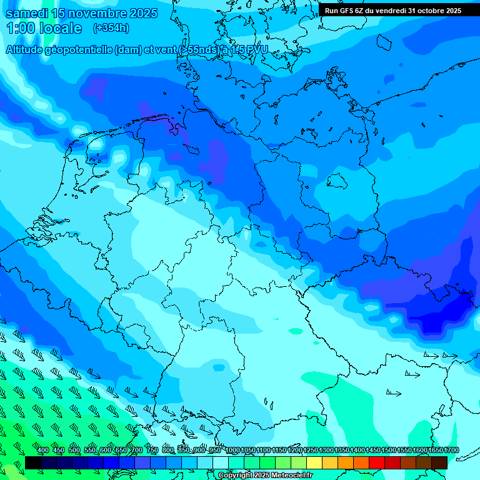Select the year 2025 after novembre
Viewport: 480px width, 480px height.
point(138,13)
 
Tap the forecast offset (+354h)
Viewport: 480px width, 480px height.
point(111,28)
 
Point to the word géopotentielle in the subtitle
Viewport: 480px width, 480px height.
point(81,49)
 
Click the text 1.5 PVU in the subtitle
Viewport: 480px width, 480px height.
point(248,49)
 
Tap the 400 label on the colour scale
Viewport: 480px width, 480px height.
point(43,451)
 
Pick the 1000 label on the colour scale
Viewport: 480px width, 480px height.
point(232,451)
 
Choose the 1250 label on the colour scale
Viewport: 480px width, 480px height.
point(311,451)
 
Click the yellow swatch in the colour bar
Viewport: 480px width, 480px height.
point(314,462)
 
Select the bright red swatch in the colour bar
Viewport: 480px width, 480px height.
point(377,462)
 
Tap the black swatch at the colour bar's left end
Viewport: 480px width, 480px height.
point(32,462)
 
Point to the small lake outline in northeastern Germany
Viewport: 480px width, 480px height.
point(337,181)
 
